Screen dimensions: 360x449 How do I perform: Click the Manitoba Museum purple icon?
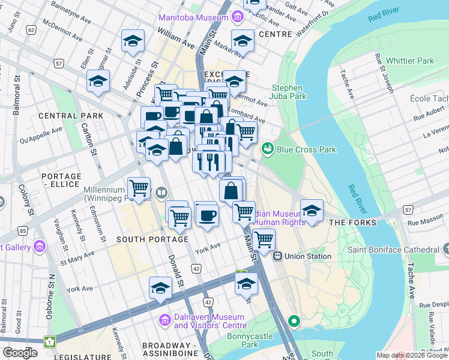(238, 17)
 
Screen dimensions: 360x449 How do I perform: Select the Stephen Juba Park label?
(289, 92)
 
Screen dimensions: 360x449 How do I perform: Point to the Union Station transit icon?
(278, 256)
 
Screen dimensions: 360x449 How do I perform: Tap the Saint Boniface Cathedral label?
(393, 249)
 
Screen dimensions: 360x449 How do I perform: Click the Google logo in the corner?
(20, 352)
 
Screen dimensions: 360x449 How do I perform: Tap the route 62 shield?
(31, 29)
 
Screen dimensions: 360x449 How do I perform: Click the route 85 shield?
(22, 230)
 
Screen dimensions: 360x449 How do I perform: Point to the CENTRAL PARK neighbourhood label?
(67, 115)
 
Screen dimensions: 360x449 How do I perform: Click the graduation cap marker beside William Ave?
(133, 41)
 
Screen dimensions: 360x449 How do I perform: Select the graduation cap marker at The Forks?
(312, 211)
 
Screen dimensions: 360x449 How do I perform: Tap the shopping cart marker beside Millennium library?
(139, 187)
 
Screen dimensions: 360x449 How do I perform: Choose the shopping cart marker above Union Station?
(264, 239)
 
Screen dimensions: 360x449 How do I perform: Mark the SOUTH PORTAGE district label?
(144, 239)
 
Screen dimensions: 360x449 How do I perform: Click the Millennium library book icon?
(161, 193)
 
